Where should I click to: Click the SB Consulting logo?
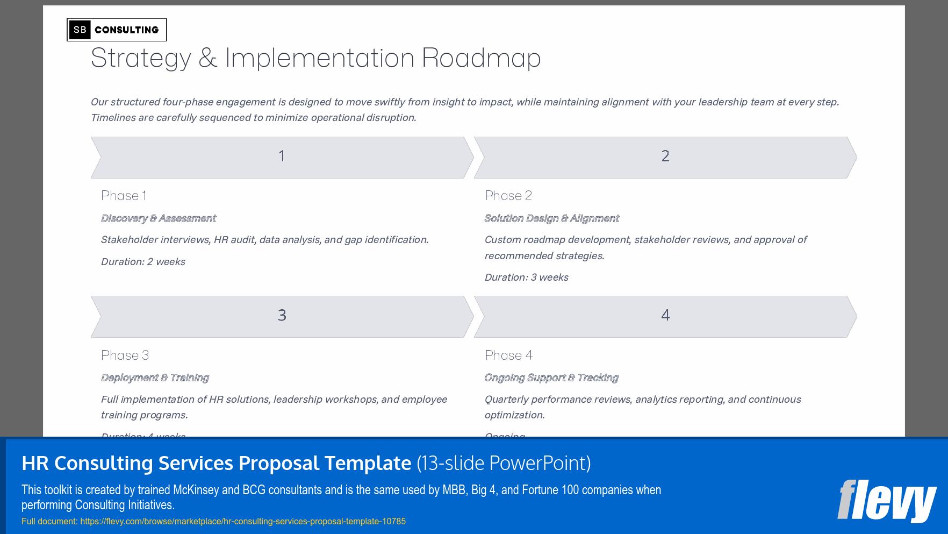point(117,30)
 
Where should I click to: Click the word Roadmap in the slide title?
point(481,58)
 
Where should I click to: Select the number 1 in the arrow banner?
point(282,156)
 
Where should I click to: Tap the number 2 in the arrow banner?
point(665,156)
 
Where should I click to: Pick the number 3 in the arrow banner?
point(282,316)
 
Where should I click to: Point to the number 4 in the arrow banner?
point(665,316)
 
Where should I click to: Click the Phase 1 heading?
point(124,196)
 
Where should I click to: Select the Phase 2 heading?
point(508,196)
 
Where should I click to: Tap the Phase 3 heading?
point(125,355)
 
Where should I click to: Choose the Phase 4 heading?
point(508,355)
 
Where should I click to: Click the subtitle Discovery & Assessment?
point(159,218)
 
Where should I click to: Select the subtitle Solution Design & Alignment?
point(552,218)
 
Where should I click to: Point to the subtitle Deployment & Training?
point(155,378)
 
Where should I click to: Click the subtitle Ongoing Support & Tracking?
point(551,378)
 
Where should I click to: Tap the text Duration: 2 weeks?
point(143,262)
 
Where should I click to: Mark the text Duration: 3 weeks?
point(526,277)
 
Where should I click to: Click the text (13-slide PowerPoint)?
point(504,463)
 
